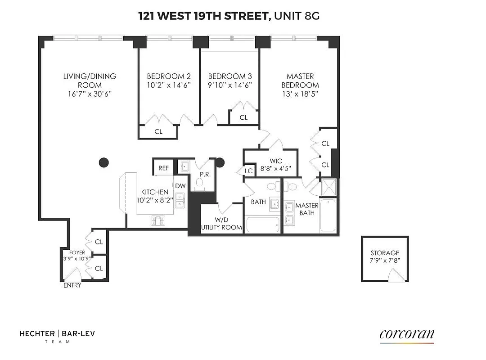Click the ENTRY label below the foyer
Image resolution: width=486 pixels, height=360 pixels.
[x=72, y=285]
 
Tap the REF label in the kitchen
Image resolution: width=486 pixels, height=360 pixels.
[x=163, y=168]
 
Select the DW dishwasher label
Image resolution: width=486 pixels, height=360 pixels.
[x=180, y=186]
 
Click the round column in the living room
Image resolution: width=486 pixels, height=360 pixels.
[x=104, y=162]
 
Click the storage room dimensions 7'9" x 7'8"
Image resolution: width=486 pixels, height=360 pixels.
[x=385, y=261]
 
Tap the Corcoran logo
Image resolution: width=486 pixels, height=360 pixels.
[x=407, y=334]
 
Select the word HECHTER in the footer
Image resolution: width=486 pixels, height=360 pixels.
[x=36, y=333]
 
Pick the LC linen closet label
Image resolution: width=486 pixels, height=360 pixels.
[x=248, y=171]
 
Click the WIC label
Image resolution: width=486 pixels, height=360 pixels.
[x=276, y=161]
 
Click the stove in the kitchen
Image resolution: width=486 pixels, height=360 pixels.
[x=157, y=220]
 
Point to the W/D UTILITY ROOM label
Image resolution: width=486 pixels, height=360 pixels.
[x=221, y=224]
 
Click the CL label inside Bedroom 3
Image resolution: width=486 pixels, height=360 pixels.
[x=243, y=117]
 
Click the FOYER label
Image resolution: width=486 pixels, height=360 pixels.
[x=77, y=252]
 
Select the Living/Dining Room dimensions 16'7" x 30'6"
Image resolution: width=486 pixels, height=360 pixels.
[x=90, y=94]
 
